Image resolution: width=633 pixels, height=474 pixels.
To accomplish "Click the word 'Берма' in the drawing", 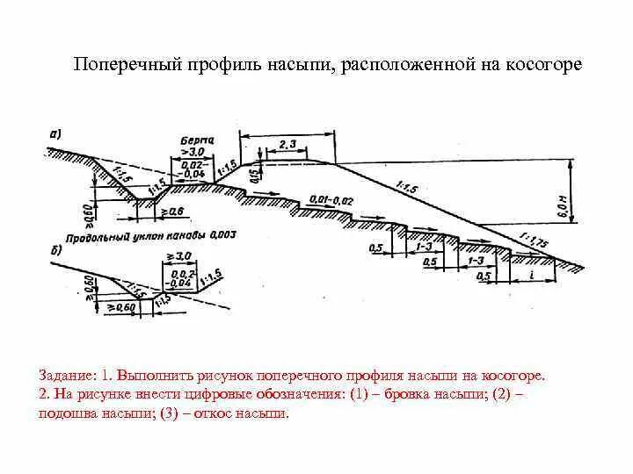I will click(195, 140).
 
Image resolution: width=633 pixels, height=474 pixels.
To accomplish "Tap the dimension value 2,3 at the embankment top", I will click(287, 143).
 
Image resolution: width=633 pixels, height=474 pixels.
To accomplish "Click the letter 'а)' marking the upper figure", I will click(55, 134).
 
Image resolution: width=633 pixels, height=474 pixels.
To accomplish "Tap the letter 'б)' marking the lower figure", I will click(55, 251).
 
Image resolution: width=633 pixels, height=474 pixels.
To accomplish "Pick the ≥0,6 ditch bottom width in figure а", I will click(173, 212).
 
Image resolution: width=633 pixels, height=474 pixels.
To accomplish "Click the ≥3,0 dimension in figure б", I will click(182, 255).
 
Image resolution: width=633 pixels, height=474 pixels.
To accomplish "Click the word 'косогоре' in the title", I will click(548, 67).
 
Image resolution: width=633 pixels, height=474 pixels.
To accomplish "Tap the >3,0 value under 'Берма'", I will click(193, 152).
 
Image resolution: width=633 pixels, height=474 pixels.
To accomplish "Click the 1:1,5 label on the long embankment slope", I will click(406, 187).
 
